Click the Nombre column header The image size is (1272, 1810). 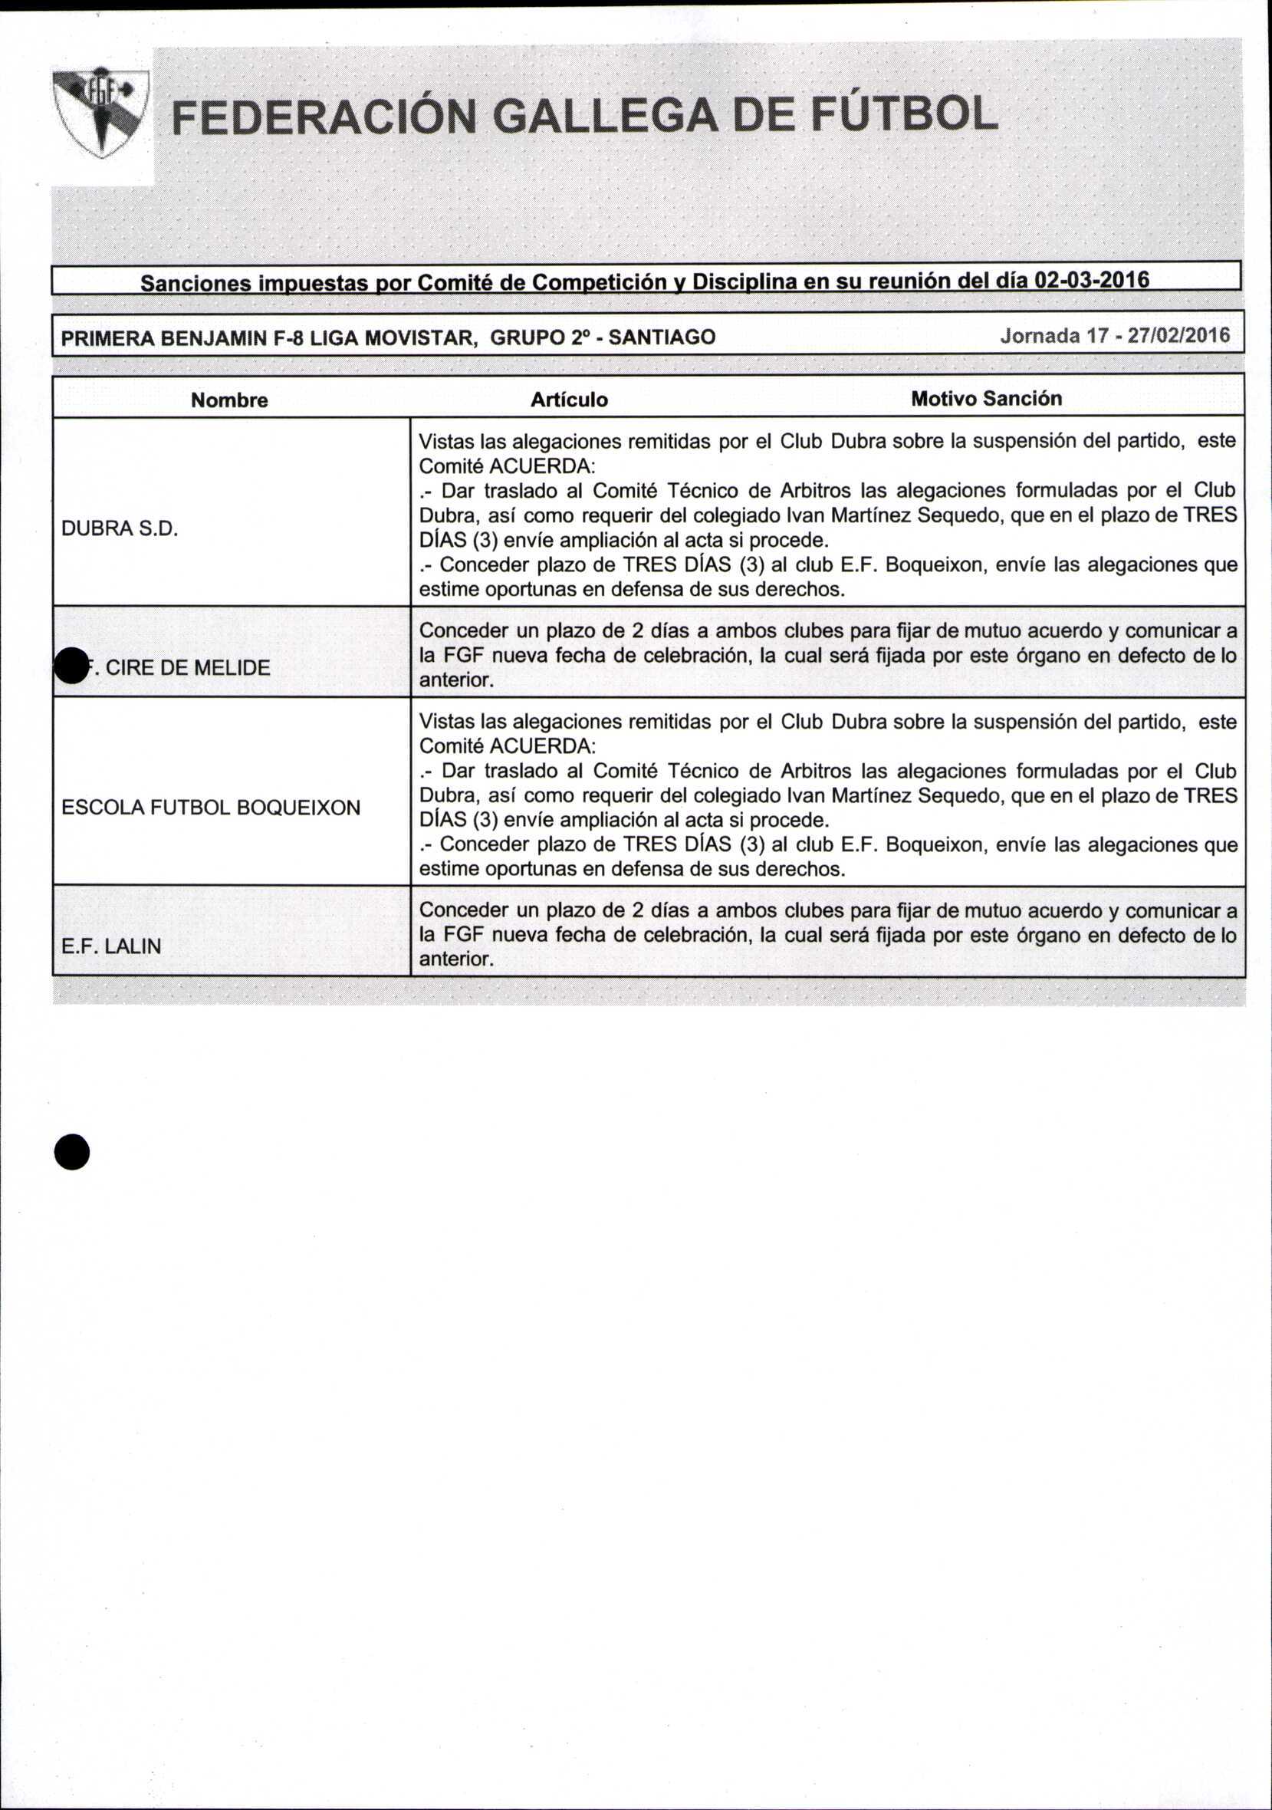(x=229, y=400)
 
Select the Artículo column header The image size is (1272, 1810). (x=569, y=400)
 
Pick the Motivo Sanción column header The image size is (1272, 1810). (x=986, y=399)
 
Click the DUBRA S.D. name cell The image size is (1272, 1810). (x=120, y=529)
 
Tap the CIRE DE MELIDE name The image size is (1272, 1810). (x=188, y=668)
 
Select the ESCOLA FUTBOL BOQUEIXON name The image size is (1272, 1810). (x=210, y=808)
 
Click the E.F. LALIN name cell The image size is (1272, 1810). (x=111, y=946)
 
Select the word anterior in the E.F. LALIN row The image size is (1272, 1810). (x=455, y=959)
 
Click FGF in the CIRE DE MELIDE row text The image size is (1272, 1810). (x=461, y=655)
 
